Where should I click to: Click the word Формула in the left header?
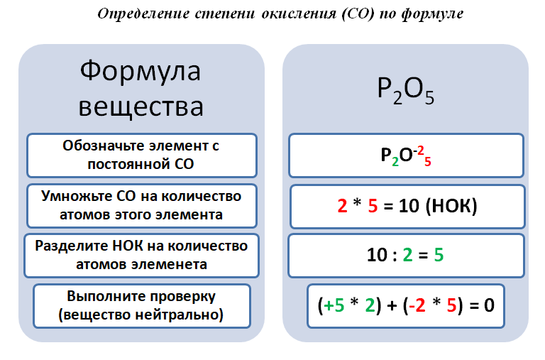141,70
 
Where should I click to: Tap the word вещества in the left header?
141,107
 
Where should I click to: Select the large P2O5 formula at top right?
406,90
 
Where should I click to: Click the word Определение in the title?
143,13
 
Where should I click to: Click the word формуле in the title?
432,14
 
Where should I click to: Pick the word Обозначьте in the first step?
104,146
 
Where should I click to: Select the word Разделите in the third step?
72,246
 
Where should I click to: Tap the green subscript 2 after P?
395,162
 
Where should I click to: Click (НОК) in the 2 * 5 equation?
451,206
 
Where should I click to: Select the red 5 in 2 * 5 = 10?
373,206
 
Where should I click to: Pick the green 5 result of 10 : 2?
439,255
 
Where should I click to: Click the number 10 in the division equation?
377,255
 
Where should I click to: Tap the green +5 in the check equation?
334,305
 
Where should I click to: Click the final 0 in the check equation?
489,305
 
